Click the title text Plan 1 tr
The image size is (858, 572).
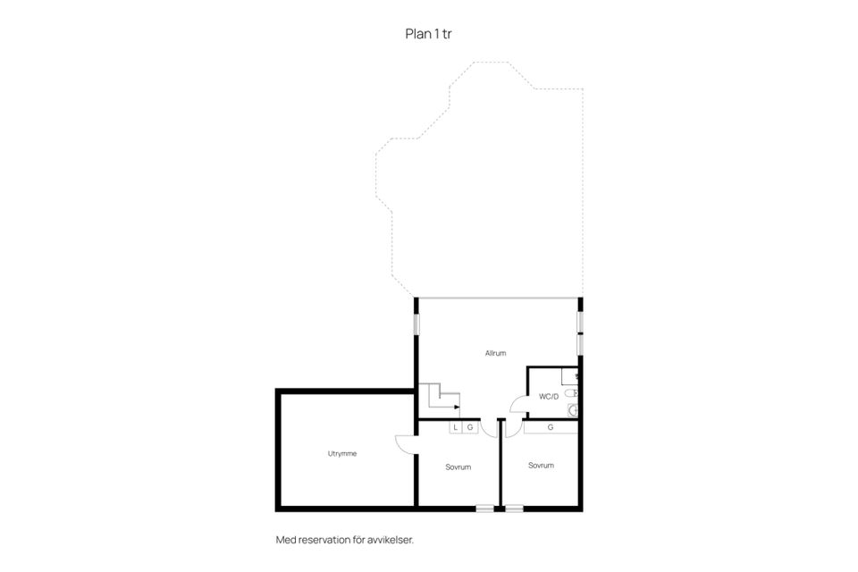428,34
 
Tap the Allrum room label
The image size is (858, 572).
495,353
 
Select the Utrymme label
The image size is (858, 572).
342,454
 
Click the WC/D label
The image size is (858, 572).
549,396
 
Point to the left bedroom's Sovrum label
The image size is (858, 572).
458,467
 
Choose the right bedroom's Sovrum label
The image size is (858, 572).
542,466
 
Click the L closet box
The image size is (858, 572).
456,427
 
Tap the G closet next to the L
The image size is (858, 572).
470,427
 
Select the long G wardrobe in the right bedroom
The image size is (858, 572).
551,427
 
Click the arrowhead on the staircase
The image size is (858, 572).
457,408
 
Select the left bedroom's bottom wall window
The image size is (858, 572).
484,509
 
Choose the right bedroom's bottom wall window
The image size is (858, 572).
515,509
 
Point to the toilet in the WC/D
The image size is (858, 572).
571,393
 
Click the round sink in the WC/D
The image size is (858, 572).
573,410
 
